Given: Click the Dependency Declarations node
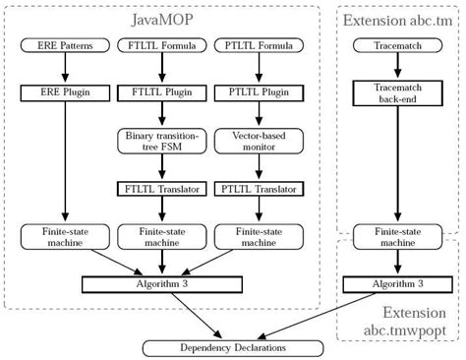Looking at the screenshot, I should tap(232, 348).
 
